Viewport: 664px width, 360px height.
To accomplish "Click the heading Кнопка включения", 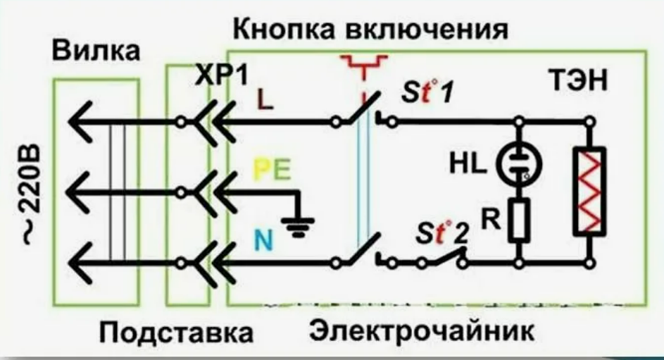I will [370, 30].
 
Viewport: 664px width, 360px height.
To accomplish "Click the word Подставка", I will [175, 332].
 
